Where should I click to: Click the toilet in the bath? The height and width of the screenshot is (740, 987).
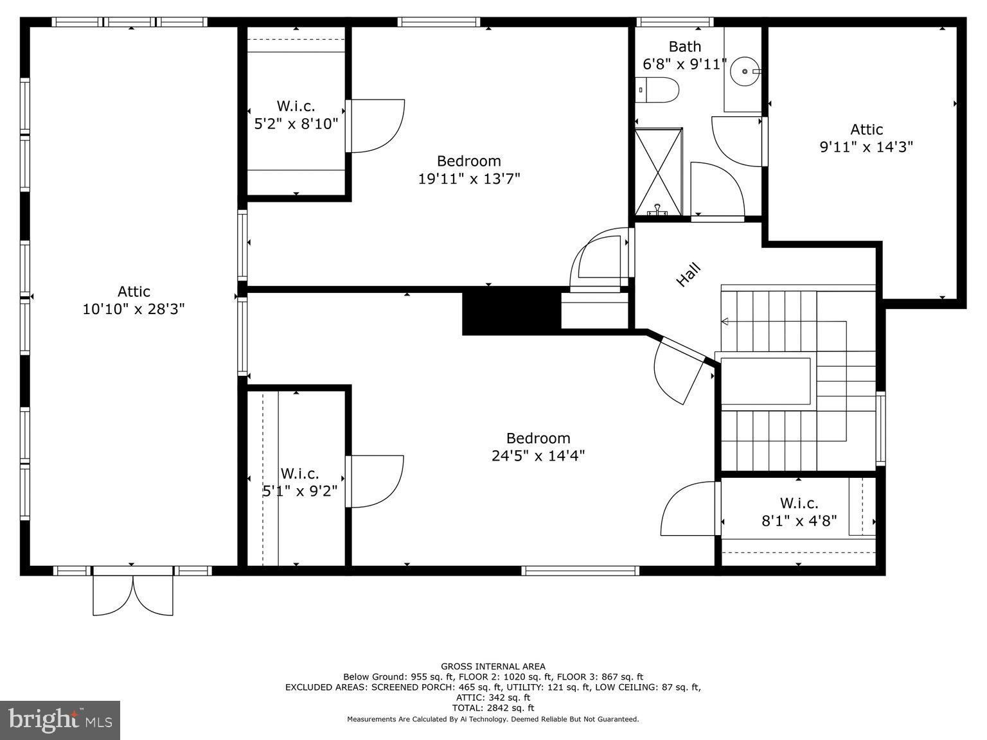pos(658,90)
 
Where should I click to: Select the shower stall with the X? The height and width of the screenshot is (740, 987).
pos(658,172)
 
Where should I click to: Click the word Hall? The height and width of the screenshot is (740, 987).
pos(688,275)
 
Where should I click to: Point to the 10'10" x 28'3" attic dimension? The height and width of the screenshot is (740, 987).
pos(134,309)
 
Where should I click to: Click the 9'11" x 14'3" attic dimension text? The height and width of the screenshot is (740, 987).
pos(866,147)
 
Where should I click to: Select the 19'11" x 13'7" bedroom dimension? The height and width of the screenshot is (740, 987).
pos(468,179)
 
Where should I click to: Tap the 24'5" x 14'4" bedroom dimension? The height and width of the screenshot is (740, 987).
pos(538,456)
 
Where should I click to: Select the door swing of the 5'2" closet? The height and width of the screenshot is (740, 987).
pos(376,127)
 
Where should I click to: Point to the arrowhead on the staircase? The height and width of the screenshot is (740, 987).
pos(725,321)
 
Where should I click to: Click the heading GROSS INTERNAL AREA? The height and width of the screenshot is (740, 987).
pos(493,667)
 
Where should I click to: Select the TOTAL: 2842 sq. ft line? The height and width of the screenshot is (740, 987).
pos(493,708)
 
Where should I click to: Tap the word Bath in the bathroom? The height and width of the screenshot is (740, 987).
pos(684,46)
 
